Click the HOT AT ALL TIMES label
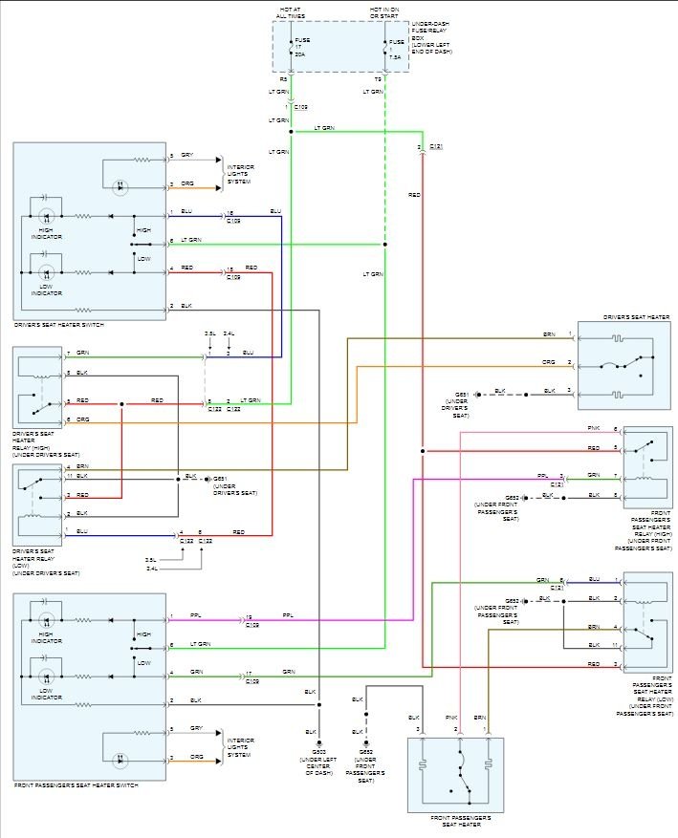point(291,12)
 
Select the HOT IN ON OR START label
point(384,12)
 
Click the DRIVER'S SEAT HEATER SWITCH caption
point(59,326)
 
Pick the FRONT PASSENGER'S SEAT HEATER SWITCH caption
point(76,785)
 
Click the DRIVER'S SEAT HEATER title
point(637,316)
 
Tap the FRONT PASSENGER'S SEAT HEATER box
point(455,774)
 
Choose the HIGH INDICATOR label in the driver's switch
point(46,233)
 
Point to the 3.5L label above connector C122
point(209,333)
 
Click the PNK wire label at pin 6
point(594,429)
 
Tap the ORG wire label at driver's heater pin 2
point(549,362)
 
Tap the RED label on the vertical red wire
point(414,194)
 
